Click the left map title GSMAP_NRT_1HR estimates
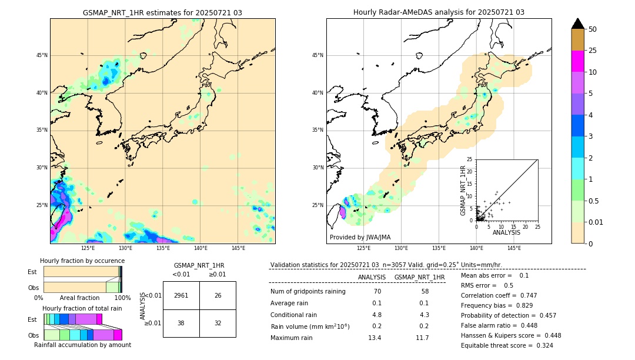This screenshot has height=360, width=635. pos(162,12)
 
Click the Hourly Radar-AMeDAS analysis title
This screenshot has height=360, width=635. pos(439,12)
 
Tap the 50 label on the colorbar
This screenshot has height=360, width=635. pos(593,29)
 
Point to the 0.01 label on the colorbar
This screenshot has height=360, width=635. pos(596,222)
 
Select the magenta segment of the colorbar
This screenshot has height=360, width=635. pos(577,61)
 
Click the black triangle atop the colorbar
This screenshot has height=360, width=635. pos(577,24)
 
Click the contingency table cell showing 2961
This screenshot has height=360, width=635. pos(181,295)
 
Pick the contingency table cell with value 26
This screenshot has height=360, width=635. pos(218,295)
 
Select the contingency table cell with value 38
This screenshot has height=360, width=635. pos(181,323)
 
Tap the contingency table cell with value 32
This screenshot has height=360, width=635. pos(218,323)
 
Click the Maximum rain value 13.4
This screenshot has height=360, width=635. pos(375,338)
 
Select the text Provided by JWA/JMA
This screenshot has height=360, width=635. pos(360,237)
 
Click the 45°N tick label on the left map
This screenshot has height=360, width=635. pos(41,55)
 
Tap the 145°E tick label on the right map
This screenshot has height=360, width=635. pos(514,248)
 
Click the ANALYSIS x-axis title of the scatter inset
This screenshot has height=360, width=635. pos(506,232)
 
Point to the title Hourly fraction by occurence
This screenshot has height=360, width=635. pos(82,261)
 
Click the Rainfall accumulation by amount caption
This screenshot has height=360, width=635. pos(82,345)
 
